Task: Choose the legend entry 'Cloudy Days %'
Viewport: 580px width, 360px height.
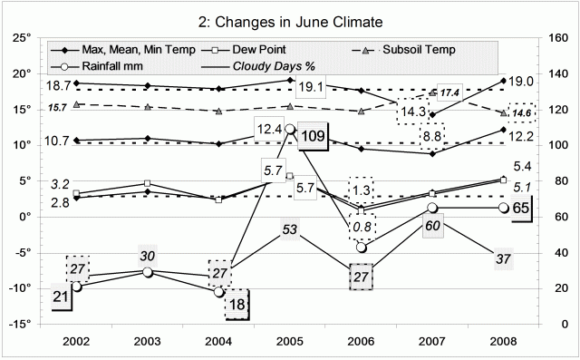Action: [x=271, y=66]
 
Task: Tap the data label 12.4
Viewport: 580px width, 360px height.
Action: [x=270, y=130]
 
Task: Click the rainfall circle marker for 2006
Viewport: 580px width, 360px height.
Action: [x=362, y=247]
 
